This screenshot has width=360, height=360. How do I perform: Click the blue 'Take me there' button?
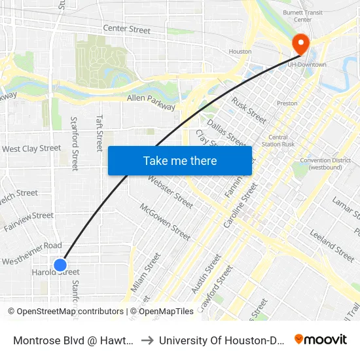tap(180, 160)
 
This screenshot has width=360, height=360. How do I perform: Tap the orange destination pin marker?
tap(301, 45)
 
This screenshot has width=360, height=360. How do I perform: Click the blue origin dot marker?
tap(60, 264)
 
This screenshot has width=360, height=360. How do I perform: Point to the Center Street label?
tap(127, 29)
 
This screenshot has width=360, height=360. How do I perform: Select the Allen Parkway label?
tap(151, 102)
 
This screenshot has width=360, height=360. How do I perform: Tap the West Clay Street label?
tap(31, 149)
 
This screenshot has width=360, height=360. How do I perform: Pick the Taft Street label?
tap(99, 134)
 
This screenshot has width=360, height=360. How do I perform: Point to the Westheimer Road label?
tap(31, 245)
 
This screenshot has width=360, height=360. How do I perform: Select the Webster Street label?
tap(170, 192)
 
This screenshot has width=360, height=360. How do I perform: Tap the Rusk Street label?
tap(249, 110)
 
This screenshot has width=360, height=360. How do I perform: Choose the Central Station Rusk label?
tap(278, 141)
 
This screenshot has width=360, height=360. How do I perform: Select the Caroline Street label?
tap(240, 205)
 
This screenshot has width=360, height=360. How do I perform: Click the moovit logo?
tap(321, 339)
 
